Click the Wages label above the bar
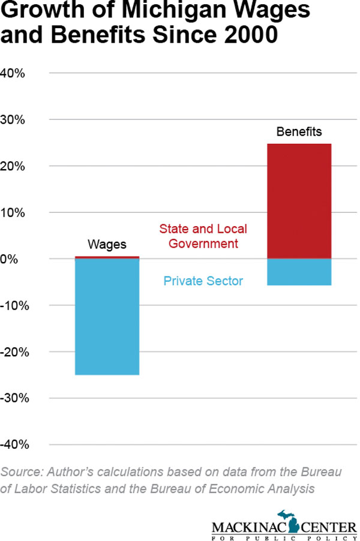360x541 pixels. pos(107,244)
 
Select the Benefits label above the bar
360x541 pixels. pos(299,131)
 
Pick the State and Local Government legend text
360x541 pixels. pos(203,236)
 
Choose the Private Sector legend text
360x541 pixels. pos(203,280)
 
